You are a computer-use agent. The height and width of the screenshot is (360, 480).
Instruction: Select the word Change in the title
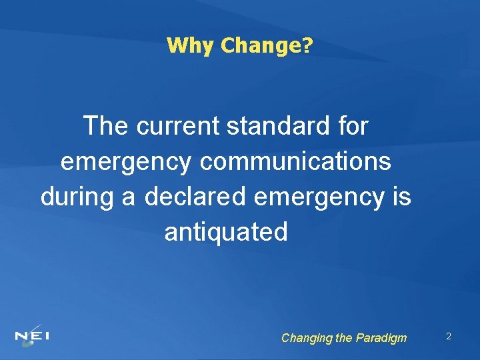261,45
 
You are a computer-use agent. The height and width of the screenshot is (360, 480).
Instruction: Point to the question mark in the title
307,45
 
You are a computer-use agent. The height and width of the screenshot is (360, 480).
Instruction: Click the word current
179,125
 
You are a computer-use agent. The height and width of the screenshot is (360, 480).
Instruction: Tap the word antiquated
226,233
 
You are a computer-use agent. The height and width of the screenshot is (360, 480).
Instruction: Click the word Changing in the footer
306,338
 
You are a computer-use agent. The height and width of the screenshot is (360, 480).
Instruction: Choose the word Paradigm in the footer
381,338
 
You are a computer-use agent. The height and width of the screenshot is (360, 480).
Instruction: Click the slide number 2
449,337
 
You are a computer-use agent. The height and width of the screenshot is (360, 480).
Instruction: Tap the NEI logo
31,335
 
